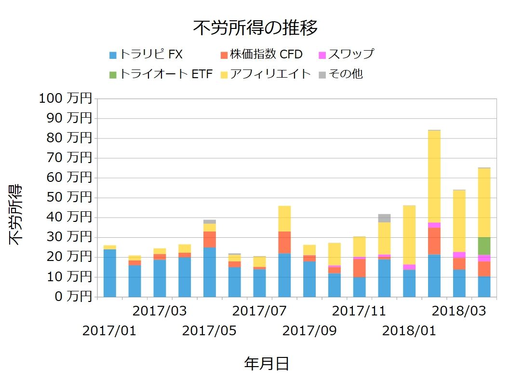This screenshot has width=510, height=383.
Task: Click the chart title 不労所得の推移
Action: (255, 28)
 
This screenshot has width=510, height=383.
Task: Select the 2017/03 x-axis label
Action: (160, 311)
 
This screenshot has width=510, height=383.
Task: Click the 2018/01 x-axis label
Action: (409, 331)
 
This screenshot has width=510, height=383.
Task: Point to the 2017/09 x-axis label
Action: (309, 331)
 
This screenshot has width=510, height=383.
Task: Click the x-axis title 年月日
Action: (267, 363)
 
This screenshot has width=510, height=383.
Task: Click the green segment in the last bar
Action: (484, 246)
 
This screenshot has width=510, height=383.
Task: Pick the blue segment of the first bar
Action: (110, 273)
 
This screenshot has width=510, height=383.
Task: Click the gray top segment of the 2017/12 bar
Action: (385, 218)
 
